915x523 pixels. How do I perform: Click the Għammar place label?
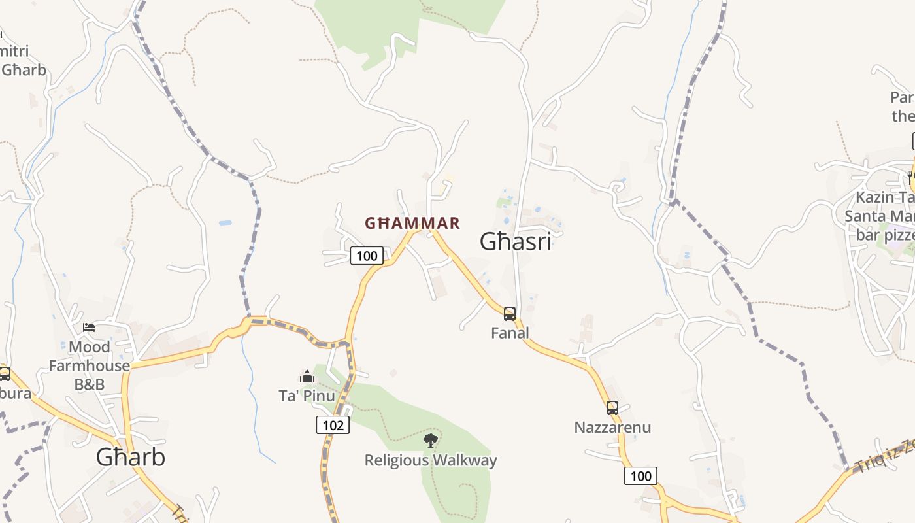[x=412, y=224]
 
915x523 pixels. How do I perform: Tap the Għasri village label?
[x=516, y=242]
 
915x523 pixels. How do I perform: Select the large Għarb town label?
[x=131, y=457]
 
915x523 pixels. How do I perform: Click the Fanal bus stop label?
[x=510, y=333]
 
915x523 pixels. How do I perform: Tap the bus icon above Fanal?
[x=510, y=314]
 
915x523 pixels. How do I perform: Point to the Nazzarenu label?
[x=612, y=428]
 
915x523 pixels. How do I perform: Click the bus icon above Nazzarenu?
[x=612, y=408]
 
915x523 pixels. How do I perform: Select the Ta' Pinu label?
[x=307, y=396]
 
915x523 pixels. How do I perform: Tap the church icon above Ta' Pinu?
[x=307, y=377]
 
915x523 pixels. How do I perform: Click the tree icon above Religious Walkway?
[x=430, y=441]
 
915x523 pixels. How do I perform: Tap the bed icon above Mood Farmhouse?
[x=90, y=327]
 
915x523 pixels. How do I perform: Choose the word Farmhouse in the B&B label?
[x=90, y=365]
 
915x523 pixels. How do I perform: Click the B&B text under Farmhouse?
[x=90, y=384]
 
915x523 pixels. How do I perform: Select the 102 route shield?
[x=333, y=426]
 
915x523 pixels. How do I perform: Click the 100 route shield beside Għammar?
[x=367, y=256]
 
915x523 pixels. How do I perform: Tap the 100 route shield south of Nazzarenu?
[x=640, y=476]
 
